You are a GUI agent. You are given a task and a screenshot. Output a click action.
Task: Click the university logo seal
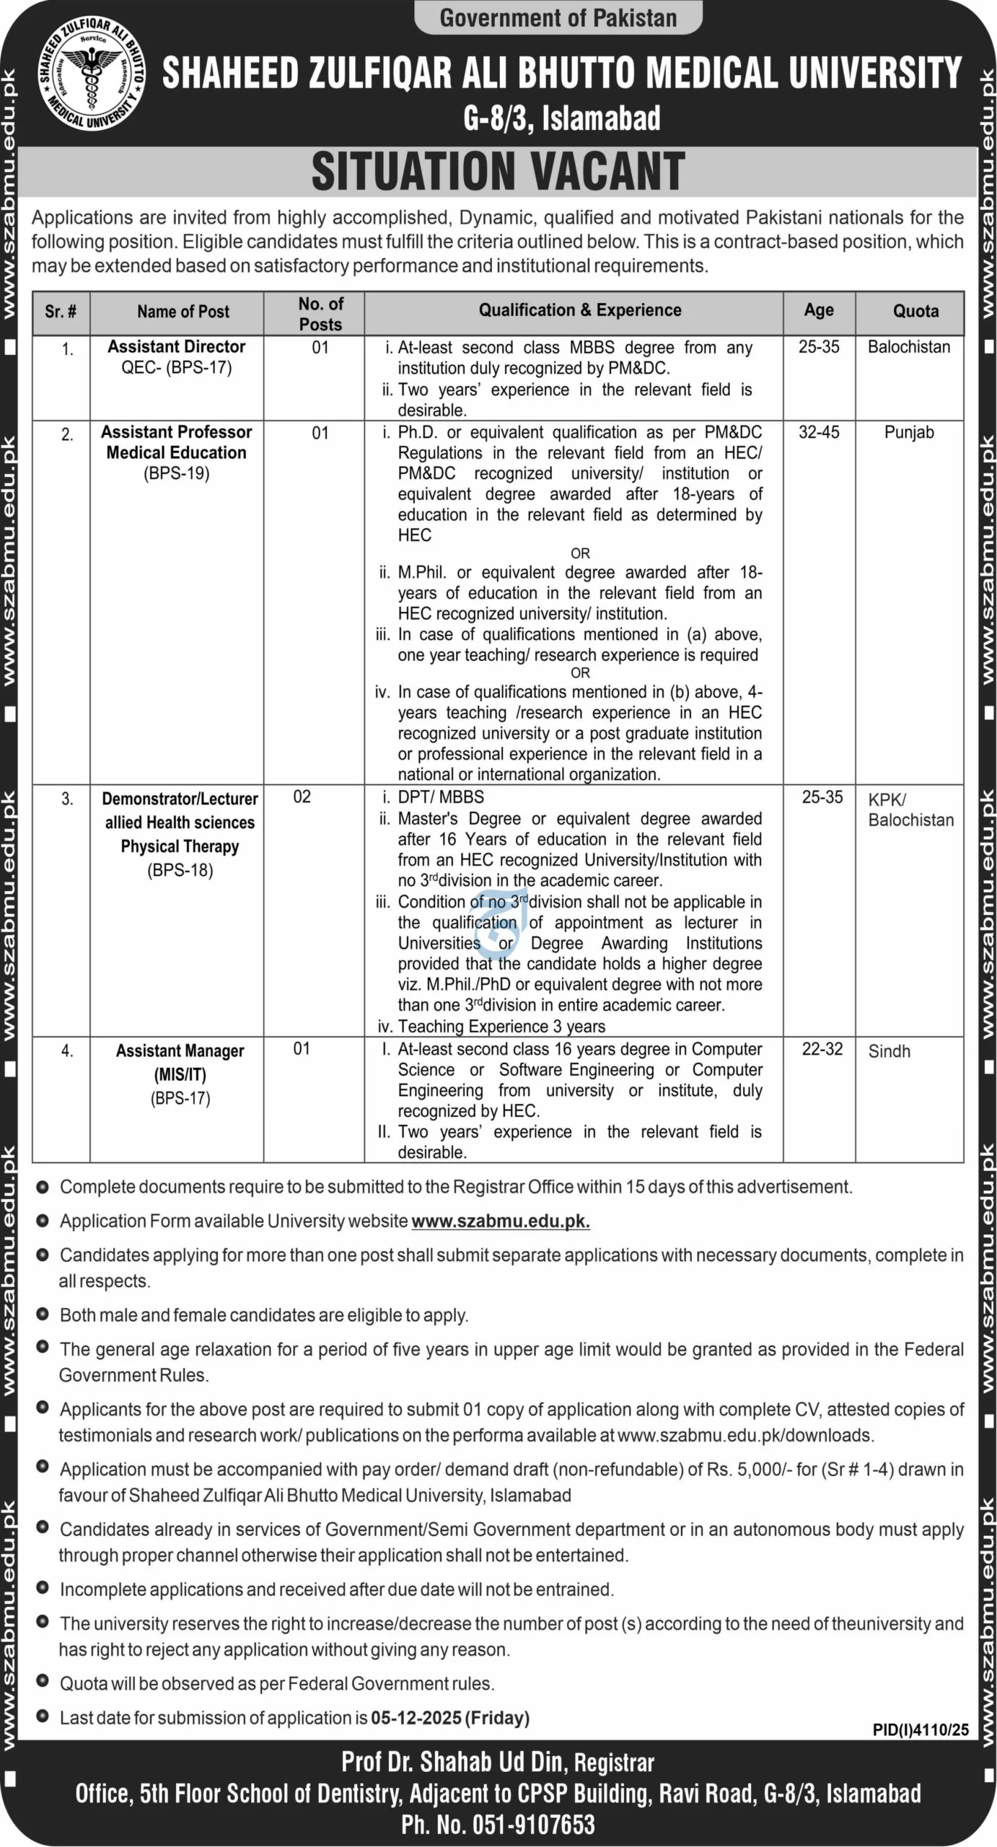92,75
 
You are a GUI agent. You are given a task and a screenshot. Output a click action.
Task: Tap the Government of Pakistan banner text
558,17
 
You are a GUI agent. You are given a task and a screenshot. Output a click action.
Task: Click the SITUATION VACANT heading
498,172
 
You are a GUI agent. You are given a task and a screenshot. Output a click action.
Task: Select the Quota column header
915,311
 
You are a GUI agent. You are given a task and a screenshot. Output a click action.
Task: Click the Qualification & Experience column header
580,310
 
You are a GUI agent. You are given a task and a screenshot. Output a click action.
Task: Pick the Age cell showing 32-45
819,432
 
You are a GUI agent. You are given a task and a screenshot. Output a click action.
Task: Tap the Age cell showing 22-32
822,1048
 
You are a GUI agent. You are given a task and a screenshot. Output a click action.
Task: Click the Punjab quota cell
909,432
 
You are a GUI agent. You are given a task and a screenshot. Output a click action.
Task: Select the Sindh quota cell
889,1051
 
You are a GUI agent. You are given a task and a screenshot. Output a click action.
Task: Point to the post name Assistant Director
177,347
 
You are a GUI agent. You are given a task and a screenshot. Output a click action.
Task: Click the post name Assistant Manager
180,1051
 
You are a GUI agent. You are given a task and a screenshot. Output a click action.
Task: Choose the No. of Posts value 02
302,797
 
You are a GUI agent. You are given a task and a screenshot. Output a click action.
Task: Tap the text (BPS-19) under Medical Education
177,474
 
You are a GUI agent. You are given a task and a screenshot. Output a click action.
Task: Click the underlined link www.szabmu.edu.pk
501,1221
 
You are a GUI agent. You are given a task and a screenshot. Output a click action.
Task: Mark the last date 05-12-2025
416,1718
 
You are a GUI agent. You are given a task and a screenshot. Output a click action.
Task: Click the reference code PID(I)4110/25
921,1729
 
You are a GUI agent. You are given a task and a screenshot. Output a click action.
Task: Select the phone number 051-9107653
533,1825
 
